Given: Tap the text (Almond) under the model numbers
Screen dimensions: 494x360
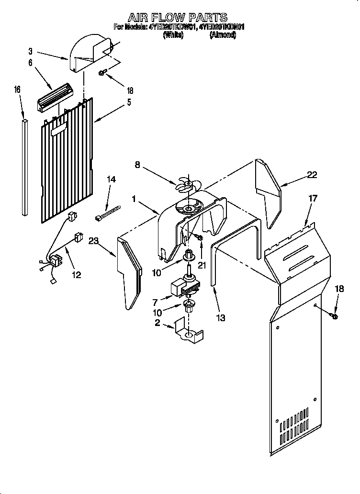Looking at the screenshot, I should (x=223, y=35).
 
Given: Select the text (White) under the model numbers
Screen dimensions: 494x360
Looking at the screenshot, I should (x=173, y=35).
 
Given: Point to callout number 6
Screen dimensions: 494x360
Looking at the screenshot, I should (x=30, y=63).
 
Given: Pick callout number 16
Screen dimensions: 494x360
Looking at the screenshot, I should (x=17, y=90).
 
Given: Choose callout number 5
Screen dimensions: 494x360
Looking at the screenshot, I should (x=128, y=102).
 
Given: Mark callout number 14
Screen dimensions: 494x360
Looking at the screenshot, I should (x=111, y=179).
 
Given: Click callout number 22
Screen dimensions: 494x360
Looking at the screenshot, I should (x=312, y=175).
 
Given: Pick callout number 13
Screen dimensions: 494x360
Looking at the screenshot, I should (x=221, y=317).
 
